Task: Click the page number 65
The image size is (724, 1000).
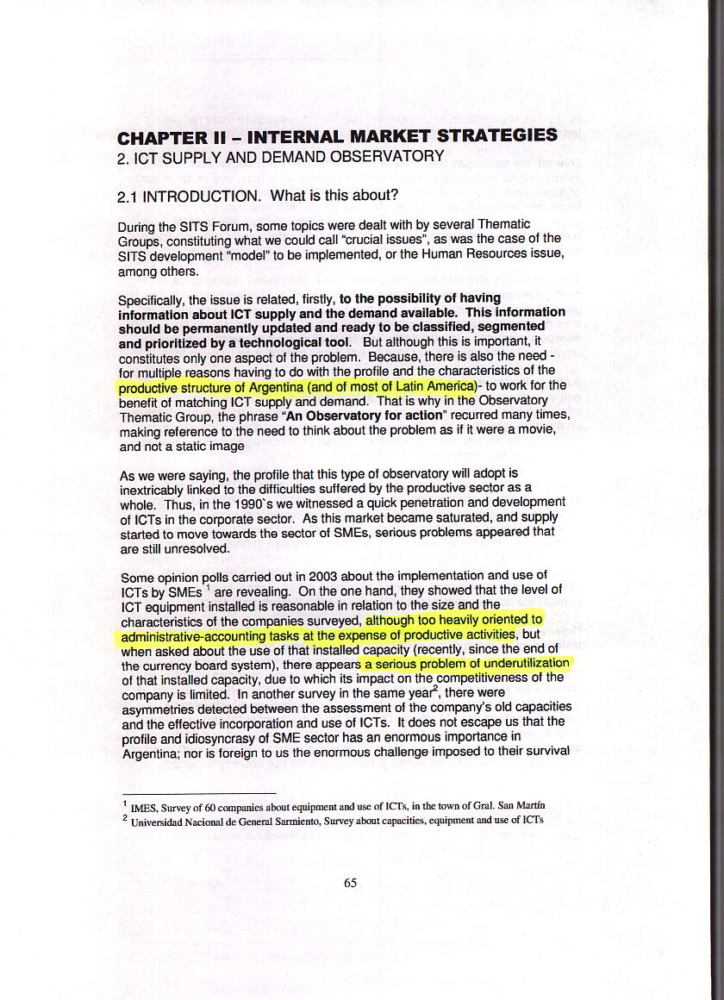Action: pyautogui.click(x=350, y=882)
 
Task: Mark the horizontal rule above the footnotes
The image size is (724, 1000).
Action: pyautogui.click(x=198, y=792)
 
